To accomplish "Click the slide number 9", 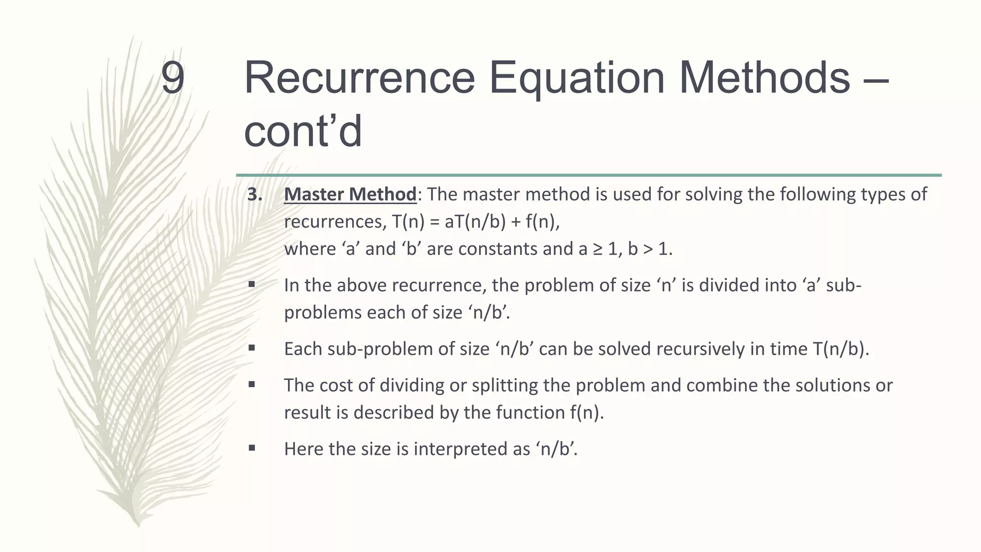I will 172,78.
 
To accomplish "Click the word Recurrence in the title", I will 359,78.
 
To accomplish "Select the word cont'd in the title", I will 303,132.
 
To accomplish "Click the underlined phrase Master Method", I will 350,195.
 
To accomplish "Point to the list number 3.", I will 254,195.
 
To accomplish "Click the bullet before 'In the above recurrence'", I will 251,284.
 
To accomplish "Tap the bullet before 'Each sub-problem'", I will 251,348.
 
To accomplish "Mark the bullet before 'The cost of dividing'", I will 251,384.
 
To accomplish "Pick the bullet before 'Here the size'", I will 251,448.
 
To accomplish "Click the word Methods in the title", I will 764,78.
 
